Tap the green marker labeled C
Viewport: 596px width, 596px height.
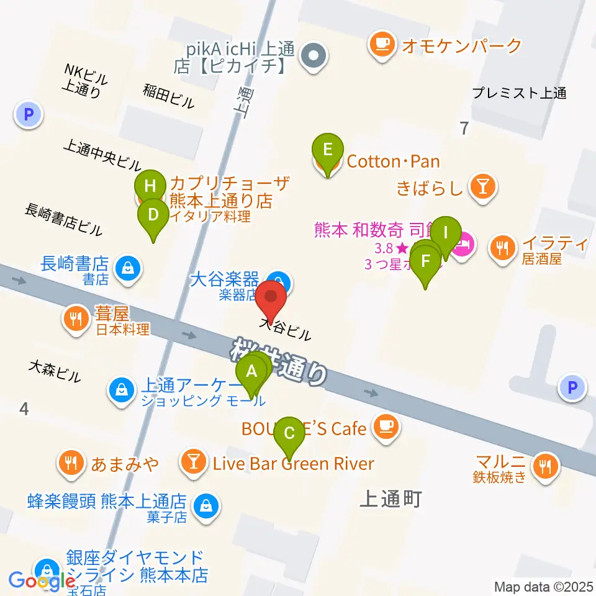[x=289, y=433]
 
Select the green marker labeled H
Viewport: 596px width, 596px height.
[x=150, y=186]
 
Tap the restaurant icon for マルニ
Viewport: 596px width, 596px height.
[x=546, y=463]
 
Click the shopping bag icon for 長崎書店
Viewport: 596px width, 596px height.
[x=127, y=268]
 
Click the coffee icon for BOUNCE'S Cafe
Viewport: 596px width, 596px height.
[x=386, y=427]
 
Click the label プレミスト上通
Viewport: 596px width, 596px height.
[x=519, y=94]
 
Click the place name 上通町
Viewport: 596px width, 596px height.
[x=390, y=499]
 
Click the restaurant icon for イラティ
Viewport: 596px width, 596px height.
[x=502, y=247]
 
